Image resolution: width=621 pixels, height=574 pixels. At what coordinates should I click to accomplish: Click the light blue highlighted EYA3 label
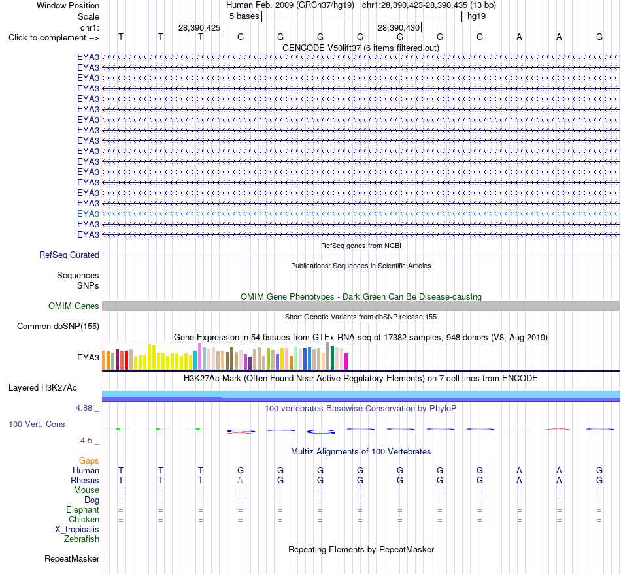coord(88,214)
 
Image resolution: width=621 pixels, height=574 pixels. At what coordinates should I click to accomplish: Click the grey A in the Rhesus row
coord(241,480)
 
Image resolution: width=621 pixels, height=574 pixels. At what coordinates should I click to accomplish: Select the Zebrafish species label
coord(82,539)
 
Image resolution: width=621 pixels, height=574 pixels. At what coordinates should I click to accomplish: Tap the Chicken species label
coord(84,519)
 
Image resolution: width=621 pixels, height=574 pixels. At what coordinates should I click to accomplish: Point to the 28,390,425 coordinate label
coord(199,27)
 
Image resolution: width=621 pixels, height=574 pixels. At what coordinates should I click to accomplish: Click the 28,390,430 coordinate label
coord(399,27)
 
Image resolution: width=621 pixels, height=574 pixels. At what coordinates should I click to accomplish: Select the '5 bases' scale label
coord(244,16)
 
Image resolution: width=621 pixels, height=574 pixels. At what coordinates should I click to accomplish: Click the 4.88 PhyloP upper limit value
coord(84,408)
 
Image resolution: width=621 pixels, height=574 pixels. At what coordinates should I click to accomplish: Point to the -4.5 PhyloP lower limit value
coord(85,441)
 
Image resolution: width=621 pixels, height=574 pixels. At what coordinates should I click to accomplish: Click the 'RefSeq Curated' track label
coord(69,255)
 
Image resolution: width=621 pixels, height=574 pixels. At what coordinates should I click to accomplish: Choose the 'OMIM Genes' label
coord(74,306)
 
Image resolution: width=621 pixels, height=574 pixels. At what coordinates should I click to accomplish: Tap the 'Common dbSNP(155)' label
coord(58,326)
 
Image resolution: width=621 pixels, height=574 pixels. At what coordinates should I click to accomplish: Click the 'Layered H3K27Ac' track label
coord(42,388)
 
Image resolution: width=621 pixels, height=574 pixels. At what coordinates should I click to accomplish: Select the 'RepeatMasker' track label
coord(72,558)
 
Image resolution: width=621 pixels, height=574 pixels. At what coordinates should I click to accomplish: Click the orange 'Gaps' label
coord(89,460)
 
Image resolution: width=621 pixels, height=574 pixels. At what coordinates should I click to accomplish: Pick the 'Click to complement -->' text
coord(54,38)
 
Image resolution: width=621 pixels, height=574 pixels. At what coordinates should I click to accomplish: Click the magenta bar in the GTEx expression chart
coord(346,361)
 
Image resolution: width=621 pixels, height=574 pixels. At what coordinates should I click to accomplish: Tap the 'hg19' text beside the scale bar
coord(477,16)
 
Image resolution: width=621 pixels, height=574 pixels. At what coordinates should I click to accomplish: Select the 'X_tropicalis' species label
coord(77,530)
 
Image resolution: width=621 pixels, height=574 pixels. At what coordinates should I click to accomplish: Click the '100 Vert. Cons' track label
coord(37,424)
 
